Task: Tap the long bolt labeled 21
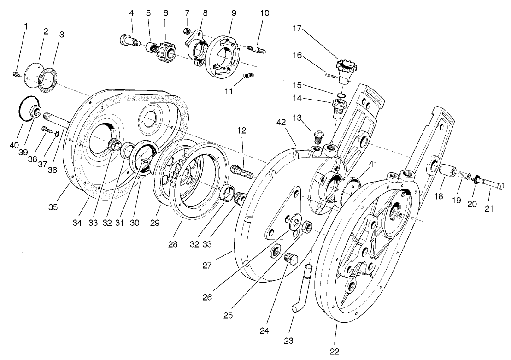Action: [x=490, y=187]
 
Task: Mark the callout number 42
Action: [x=281, y=123]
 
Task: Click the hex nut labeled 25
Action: [x=307, y=226]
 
